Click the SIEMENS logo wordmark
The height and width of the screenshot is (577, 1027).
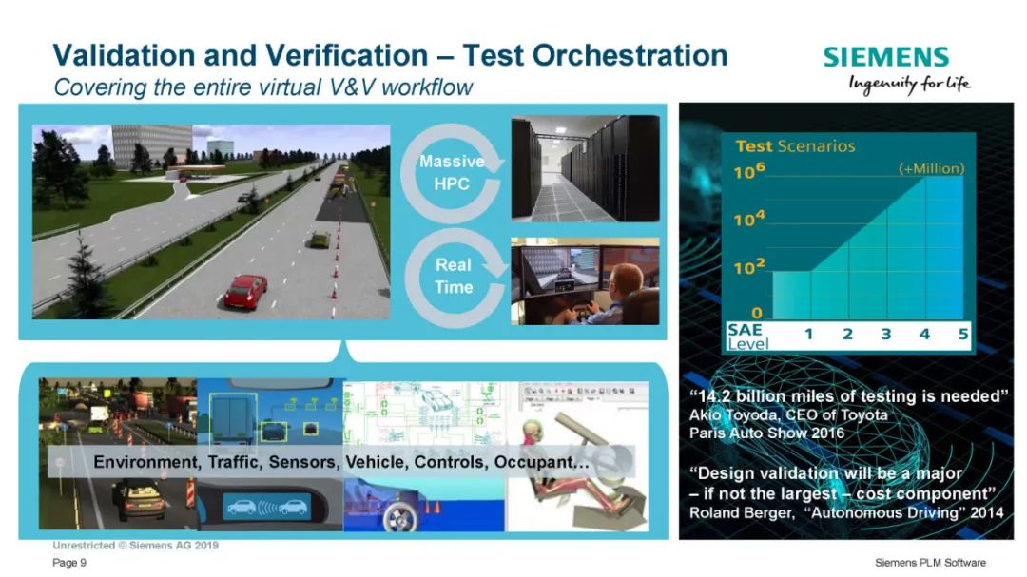pos(885,57)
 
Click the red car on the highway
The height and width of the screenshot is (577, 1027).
pos(245,291)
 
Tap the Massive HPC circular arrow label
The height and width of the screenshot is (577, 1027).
pos(452,173)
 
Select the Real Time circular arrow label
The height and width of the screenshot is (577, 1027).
pos(454,277)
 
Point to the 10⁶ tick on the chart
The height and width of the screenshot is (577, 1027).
pos(749,171)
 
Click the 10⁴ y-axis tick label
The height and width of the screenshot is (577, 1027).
pos(749,218)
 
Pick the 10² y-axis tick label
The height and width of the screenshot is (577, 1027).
pos(749,266)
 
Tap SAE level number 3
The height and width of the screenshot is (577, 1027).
pos(885,334)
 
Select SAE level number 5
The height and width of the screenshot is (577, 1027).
pos(962,334)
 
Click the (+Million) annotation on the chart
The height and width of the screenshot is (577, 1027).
pos(931,168)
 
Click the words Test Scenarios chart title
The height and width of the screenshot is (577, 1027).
pos(795,146)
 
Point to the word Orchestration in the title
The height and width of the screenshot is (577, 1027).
pos(630,55)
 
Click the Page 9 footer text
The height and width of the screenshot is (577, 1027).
pos(69,563)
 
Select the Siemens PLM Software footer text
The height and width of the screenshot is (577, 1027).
pos(930,563)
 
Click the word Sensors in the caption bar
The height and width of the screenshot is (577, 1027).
pos(303,462)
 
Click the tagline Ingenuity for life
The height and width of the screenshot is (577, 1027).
pos(910,85)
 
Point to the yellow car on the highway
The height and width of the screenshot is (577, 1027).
pos(320,240)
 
